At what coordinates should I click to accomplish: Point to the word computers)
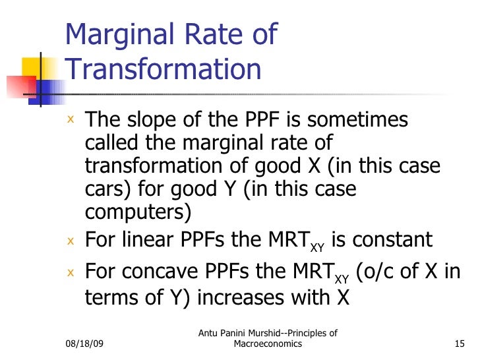(138, 212)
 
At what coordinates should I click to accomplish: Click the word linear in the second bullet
(147, 240)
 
